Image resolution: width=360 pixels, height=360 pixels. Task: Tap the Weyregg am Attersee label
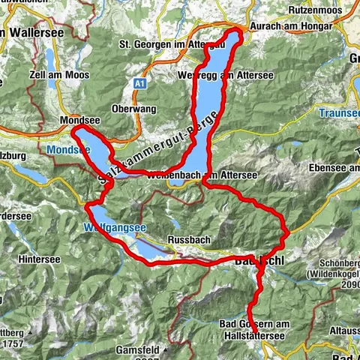[x=226, y=76]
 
